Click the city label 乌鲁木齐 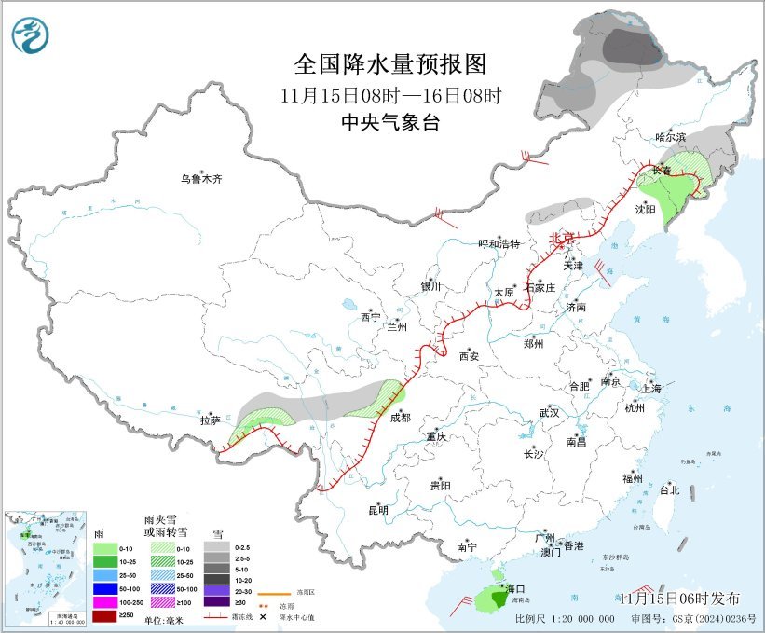point(202,178)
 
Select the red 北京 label point(562,238)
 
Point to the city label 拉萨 point(210,420)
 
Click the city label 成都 point(400,418)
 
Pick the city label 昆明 point(377,510)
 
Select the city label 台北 point(669,489)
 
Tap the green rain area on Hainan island point(485,598)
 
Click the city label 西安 point(468,355)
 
